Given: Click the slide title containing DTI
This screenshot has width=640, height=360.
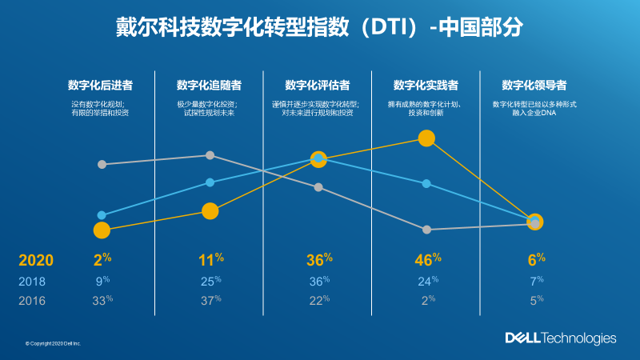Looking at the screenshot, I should click(x=320, y=26).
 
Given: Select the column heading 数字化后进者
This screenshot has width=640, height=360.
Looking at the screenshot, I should click(x=101, y=85).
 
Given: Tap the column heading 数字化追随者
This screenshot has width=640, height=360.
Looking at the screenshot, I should click(x=210, y=85).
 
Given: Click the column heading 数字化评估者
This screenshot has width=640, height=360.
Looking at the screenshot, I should click(x=318, y=85).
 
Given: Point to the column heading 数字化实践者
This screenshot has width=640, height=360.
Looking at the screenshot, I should click(x=426, y=85).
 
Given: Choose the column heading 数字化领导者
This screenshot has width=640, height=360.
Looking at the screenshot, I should click(x=534, y=85).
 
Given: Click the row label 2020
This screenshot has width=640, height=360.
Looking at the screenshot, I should click(x=36, y=260).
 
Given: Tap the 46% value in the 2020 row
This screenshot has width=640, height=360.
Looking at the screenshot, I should click(x=427, y=259).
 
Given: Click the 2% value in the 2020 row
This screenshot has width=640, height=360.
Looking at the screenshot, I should click(x=101, y=259).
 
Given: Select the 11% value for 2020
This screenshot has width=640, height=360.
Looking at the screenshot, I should click(x=210, y=259).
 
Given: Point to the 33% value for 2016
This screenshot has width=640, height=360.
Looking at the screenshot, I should click(x=102, y=301).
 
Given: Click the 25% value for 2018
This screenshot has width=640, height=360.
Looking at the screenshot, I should click(x=210, y=282).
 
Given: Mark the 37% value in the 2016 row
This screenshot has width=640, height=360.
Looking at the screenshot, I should click(x=210, y=301).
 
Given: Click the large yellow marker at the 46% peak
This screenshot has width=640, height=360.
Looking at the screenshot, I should click(x=426, y=138).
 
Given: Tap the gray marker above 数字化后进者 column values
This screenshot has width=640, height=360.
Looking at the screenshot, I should click(x=102, y=164).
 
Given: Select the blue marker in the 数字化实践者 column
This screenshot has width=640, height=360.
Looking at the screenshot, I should click(x=426, y=184).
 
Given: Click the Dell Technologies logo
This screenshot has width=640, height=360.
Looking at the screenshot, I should click(x=560, y=338).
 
